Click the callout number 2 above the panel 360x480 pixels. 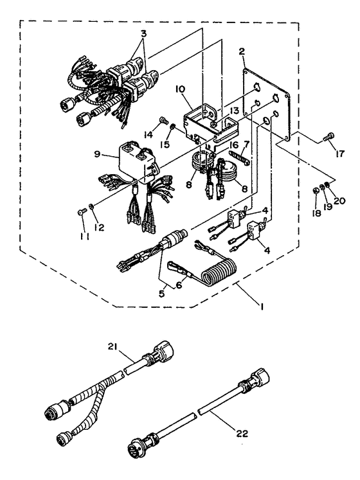coord(242,51)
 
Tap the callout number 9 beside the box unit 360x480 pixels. coord(97,154)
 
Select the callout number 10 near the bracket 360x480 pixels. coord(181,89)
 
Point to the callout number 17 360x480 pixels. coord(340,153)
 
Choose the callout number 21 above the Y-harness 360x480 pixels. coord(113,346)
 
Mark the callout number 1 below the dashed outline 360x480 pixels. coord(262,306)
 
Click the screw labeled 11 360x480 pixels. coord(81,211)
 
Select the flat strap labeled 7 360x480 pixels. coord(242,156)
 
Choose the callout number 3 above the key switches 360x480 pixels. coord(143,33)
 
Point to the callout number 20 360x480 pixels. coord(339,201)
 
